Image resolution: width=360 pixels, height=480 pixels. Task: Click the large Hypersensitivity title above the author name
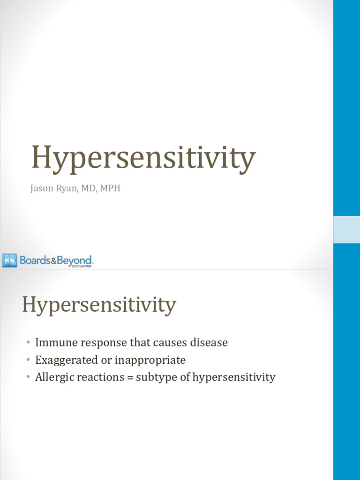click(x=143, y=158)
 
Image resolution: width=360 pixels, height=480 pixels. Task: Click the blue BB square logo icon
click(x=9, y=260)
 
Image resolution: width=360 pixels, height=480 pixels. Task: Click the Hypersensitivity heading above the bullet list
click(x=99, y=305)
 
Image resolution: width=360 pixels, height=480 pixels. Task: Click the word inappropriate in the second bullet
click(x=152, y=360)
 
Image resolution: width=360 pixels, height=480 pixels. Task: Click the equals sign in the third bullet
click(x=130, y=377)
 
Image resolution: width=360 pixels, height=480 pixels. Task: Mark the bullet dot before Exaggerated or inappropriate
click(x=28, y=360)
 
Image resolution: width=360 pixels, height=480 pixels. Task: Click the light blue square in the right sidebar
click(x=346, y=230)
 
